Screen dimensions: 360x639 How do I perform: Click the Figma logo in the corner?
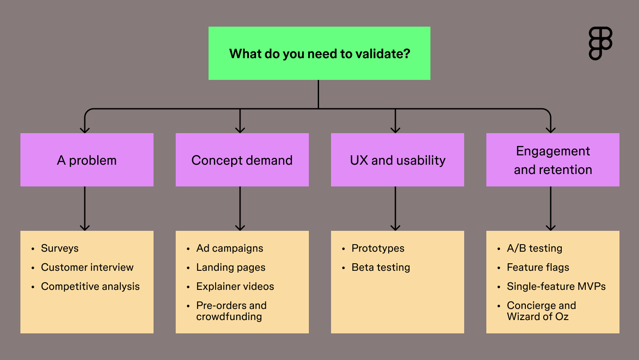(600, 43)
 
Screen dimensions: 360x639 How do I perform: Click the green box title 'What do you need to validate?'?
(319, 54)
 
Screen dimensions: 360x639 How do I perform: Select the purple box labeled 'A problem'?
(87, 160)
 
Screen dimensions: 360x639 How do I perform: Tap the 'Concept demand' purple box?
(242, 160)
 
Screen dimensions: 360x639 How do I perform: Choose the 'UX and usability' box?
(398, 160)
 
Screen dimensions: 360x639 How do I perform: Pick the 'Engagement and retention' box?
(553, 160)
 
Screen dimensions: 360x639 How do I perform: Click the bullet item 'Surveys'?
(59, 248)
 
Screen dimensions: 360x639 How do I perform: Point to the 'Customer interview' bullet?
(87, 267)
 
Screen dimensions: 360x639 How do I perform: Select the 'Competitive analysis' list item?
(90, 286)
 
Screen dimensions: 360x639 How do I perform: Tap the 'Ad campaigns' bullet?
(229, 248)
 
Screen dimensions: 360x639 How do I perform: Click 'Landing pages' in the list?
(231, 267)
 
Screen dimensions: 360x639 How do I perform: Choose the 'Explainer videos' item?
(235, 286)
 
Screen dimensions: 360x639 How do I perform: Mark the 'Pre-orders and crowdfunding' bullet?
(231, 311)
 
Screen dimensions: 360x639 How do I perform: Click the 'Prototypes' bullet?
(378, 248)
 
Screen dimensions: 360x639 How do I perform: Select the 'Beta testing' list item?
(380, 267)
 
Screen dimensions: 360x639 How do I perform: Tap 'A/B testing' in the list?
(534, 248)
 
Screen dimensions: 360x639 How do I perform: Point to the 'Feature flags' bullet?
(538, 267)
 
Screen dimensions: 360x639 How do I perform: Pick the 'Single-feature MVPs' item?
(556, 286)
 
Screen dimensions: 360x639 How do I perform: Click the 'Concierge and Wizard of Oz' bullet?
(541, 311)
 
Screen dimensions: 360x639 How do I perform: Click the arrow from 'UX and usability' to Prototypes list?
(395, 209)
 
